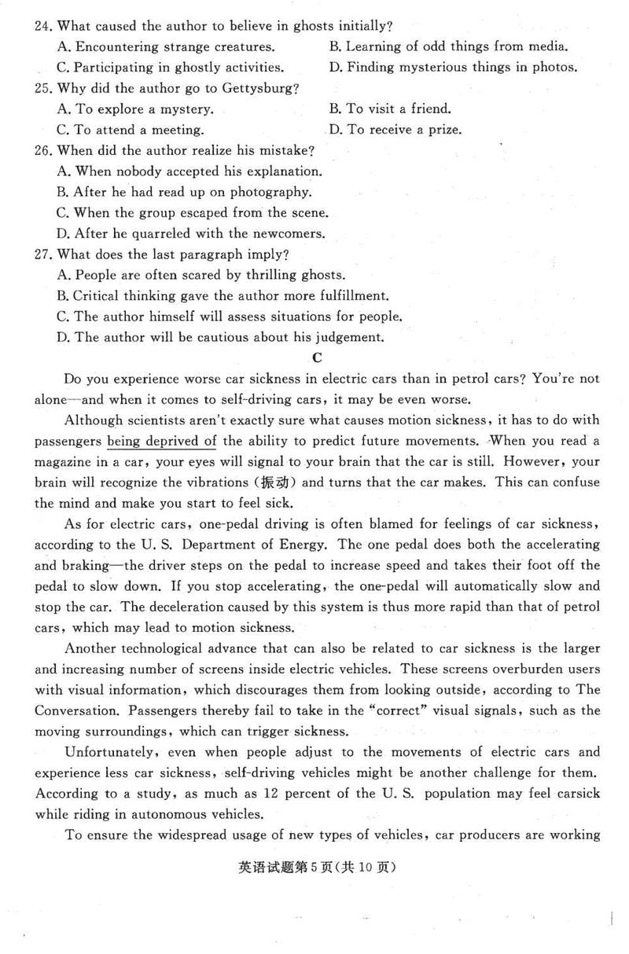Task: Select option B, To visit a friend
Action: click(389, 108)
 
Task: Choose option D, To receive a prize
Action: click(394, 129)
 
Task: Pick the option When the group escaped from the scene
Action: click(193, 212)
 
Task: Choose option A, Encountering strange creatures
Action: click(167, 46)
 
